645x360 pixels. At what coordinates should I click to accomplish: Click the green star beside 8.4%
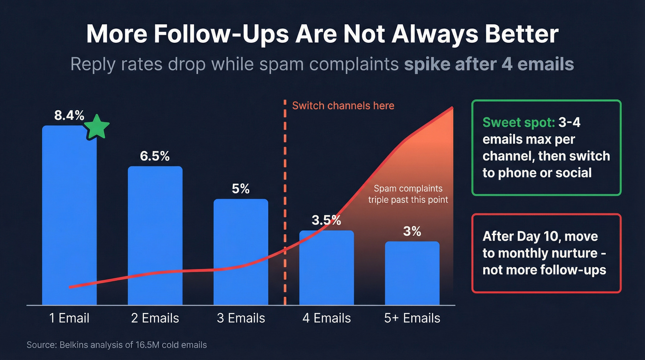coord(97,127)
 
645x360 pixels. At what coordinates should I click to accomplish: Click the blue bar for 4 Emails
coord(326,272)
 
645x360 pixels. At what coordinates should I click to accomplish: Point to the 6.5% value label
coord(155,156)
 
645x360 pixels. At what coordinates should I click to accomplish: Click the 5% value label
coord(240,189)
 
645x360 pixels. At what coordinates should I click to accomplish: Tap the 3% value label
coord(412,231)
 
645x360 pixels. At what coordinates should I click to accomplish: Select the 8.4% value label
coord(69,115)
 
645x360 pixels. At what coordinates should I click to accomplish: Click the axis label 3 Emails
coord(240,318)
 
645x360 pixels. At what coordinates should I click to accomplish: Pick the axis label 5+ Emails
coord(412,318)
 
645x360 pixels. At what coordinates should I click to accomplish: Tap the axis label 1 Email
coord(69,318)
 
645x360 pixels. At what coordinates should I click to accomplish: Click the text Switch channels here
coord(343,106)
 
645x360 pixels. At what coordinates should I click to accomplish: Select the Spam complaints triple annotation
coord(408,194)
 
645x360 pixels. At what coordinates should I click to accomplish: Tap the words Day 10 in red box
coord(539,237)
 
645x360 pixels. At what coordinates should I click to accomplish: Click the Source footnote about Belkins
coord(117,345)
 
